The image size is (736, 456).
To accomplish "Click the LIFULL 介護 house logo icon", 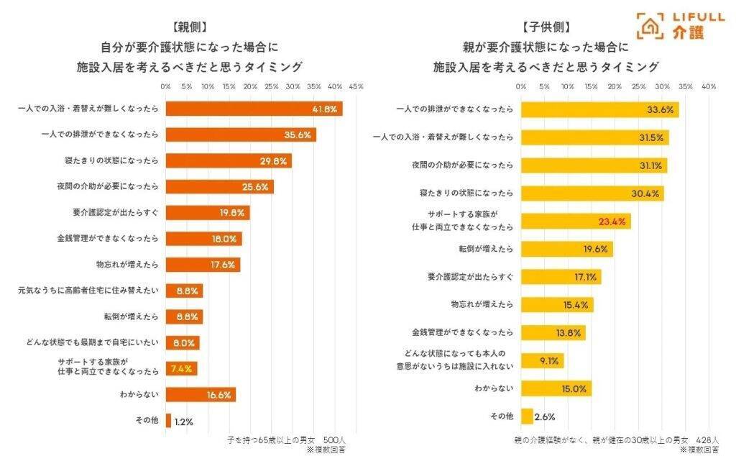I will tap(650, 25).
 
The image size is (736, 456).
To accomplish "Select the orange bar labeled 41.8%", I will tap(253, 109).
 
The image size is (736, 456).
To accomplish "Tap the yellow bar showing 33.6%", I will tap(599, 110).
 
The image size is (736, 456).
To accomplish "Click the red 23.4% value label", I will tap(612, 222).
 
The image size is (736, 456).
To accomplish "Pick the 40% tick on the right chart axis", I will tap(708, 86).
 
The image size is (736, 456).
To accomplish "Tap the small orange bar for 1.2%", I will tap(168, 420).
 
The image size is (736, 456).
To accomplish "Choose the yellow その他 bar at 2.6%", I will tap(527, 416).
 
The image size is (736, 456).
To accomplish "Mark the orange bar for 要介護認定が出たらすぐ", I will tap(207, 212).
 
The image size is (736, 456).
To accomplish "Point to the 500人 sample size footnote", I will tap(335, 439).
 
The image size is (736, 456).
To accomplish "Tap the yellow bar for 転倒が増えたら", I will tap(566, 249).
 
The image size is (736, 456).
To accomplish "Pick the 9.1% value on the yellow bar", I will tap(549, 361).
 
